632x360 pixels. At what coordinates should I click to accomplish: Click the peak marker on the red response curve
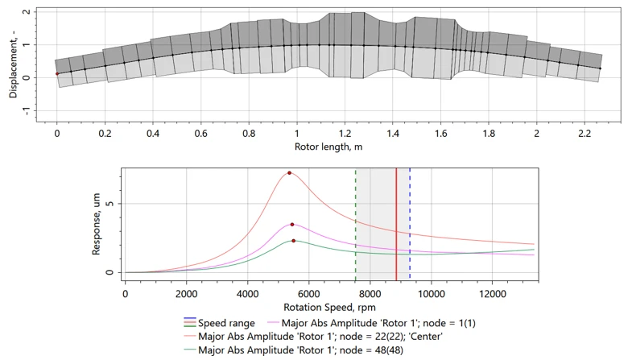289,173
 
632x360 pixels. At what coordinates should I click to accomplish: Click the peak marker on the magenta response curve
292,225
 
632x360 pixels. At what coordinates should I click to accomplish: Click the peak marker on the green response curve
294,241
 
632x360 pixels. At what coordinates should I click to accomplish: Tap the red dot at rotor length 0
57,74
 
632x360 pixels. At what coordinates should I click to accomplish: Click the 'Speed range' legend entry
226,323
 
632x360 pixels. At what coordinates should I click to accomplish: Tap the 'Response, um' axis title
97,222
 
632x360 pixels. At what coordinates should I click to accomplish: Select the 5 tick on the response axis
112,205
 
